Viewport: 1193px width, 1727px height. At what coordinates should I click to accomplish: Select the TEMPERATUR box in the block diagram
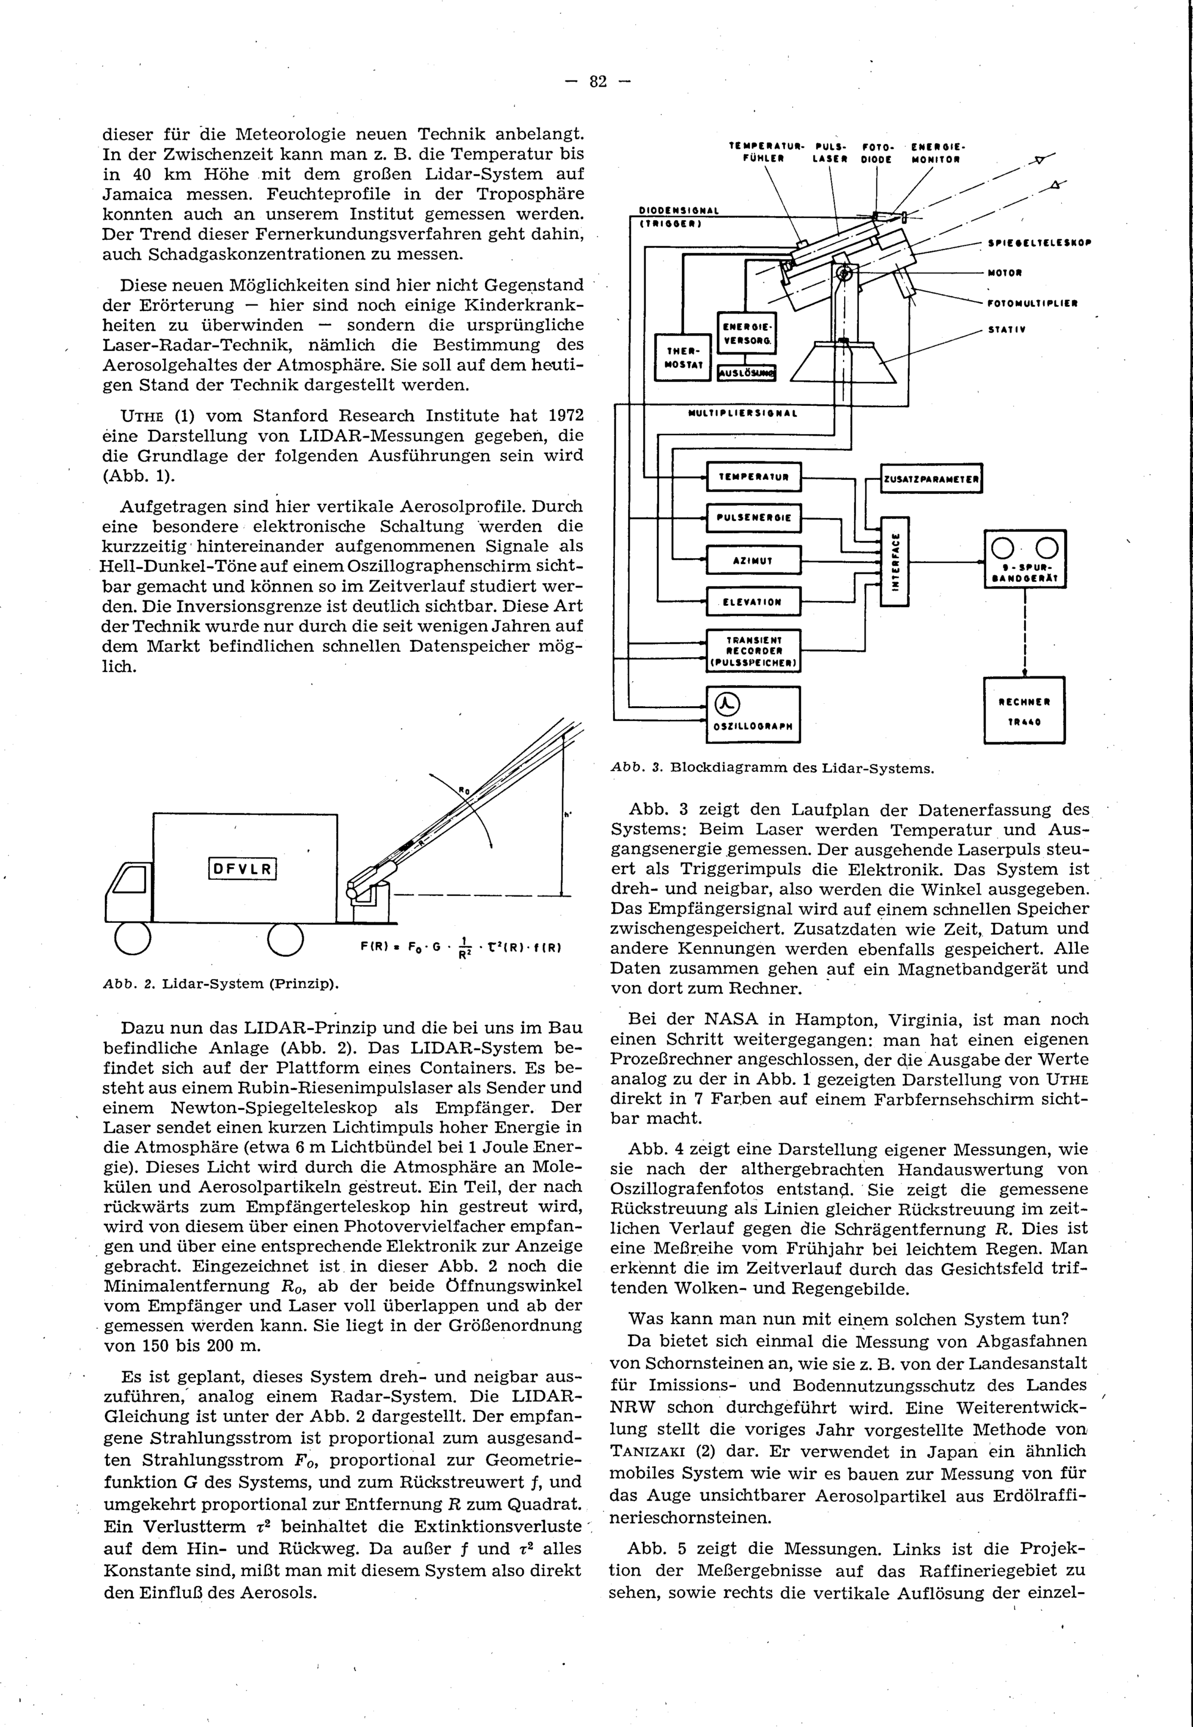(x=753, y=476)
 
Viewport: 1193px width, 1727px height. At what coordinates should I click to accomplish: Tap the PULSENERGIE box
(x=753, y=518)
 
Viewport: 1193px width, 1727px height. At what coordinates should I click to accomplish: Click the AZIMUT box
(x=753, y=559)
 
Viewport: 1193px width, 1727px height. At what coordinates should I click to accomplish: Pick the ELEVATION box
(x=753, y=601)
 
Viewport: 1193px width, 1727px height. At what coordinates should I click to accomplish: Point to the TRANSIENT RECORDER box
(x=753, y=651)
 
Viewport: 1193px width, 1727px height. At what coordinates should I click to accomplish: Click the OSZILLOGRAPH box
(x=753, y=713)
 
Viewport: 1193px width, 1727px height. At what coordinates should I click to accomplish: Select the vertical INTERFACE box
(x=895, y=561)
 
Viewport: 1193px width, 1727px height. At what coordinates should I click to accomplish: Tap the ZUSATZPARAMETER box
(x=931, y=479)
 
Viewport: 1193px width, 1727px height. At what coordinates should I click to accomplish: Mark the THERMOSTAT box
(x=682, y=358)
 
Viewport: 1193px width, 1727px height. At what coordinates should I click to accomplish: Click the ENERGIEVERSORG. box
(x=746, y=333)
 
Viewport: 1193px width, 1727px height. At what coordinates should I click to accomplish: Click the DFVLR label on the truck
(x=243, y=869)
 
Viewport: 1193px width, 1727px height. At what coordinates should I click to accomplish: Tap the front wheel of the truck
(x=133, y=940)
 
